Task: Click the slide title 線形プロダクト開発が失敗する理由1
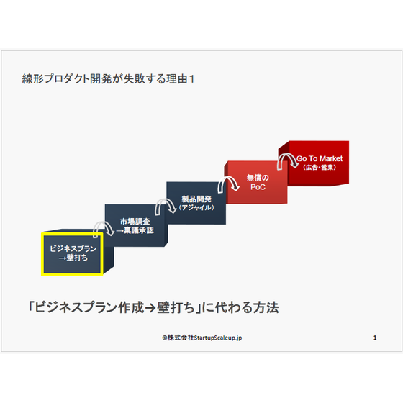tap(108, 78)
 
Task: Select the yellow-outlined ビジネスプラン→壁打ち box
tap(72, 254)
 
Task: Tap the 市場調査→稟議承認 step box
tap(136, 226)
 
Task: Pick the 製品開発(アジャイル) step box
tap(196, 203)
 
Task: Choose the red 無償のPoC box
tap(256, 183)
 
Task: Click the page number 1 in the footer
tap(375, 338)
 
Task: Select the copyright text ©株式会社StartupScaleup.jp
tap(202, 338)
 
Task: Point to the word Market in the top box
tap(331, 158)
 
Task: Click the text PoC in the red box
tap(258, 187)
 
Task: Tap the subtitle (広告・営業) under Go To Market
tap(320, 167)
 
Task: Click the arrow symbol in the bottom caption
tap(150, 308)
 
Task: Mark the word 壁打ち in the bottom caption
tap(176, 307)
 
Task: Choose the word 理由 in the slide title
tap(176, 78)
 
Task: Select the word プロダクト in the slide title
tap(66, 78)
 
